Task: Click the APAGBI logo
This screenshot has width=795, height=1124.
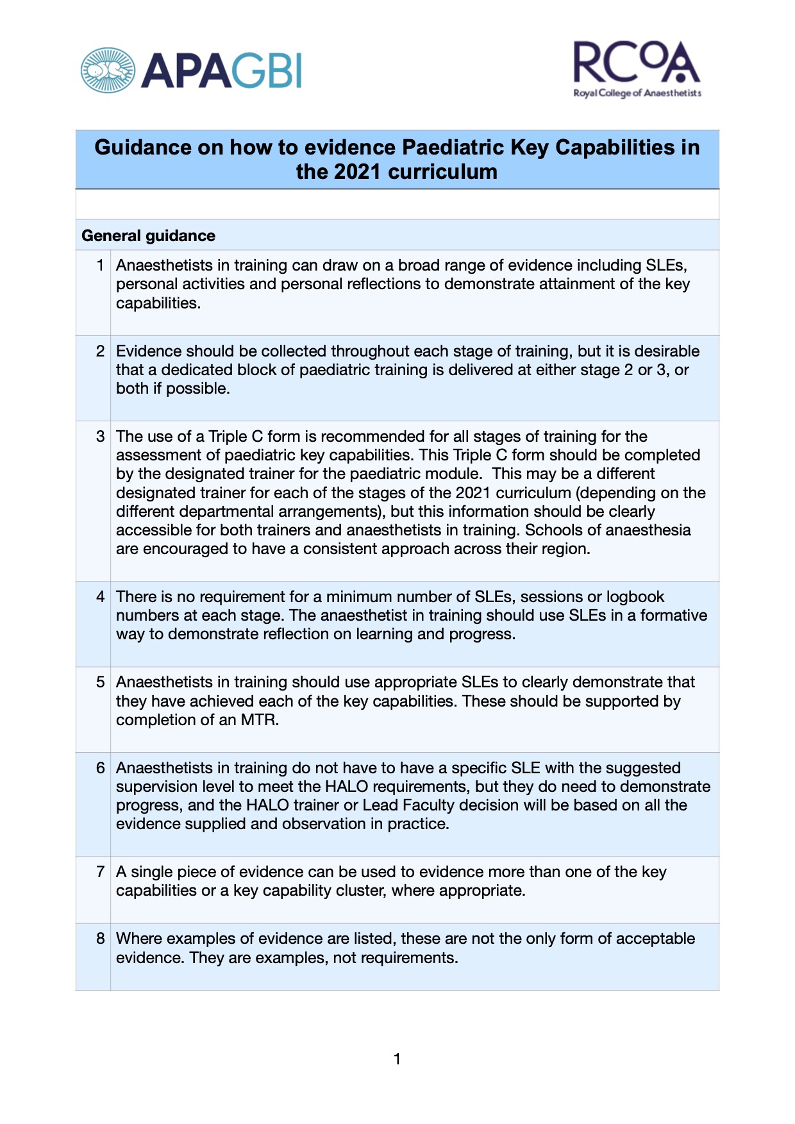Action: coord(190,70)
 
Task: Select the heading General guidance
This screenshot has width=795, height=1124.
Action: coord(148,236)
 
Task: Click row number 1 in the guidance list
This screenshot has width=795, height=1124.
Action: coord(100,265)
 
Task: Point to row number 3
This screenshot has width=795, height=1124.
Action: coord(100,437)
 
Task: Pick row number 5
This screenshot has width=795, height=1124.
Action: coord(100,682)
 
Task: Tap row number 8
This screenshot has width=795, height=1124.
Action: coord(100,939)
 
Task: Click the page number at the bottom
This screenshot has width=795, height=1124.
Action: coord(397,1059)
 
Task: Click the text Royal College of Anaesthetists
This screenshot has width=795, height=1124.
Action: coord(637,94)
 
